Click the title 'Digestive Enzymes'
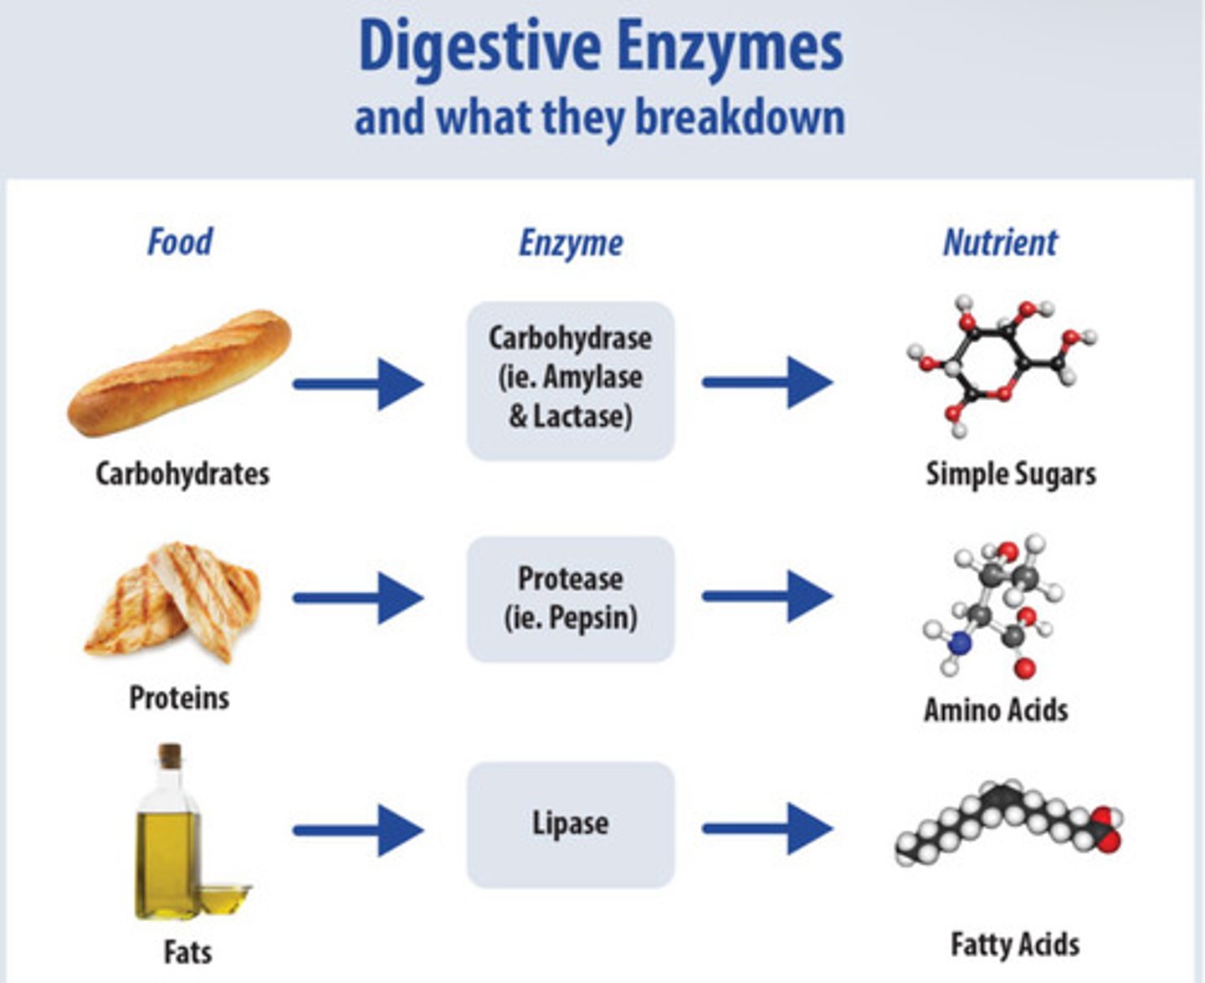click(x=600, y=47)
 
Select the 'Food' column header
click(x=180, y=242)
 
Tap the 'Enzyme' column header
click(x=571, y=243)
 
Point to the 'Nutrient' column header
click(x=1000, y=243)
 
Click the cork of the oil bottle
click(x=171, y=755)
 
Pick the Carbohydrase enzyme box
click(x=571, y=380)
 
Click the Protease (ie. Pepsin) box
click(x=571, y=599)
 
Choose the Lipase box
click(x=571, y=824)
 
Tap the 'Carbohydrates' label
click(x=182, y=474)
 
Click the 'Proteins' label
click(x=179, y=697)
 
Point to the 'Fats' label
click(x=187, y=952)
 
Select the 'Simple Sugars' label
click(x=1011, y=474)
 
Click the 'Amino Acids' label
click(x=996, y=709)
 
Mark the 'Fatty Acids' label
click(x=1015, y=945)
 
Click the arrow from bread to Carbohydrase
click(x=358, y=384)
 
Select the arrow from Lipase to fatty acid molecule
click(x=767, y=828)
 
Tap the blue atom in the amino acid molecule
click(x=960, y=643)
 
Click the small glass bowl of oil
click(x=224, y=899)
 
